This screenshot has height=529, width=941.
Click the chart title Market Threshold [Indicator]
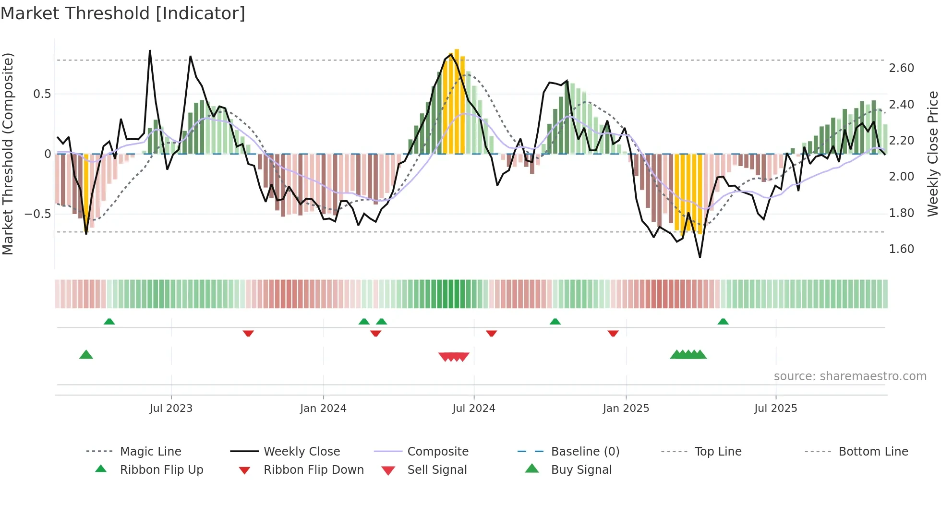pyautogui.click(x=123, y=13)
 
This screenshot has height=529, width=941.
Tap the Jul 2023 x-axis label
pyautogui.click(x=171, y=408)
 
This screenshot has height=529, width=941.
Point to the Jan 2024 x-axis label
pyautogui.click(x=323, y=408)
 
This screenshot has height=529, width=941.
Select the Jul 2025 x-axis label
pyautogui.click(x=775, y=408)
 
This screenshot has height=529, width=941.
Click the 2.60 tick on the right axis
pyautogui.click(x=901, y=68)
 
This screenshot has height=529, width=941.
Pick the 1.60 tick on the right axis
pyautogui.click(x=901, y=249)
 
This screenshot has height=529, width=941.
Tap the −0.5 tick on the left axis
pyautogui.click(x=38, y=214)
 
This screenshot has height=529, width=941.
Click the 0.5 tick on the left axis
pyautogui.click(x=42, y=94)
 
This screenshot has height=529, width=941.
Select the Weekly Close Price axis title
pyautogui.click(x=932, y=154)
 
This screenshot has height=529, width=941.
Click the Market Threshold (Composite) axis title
pyautogui.click(x=8, y=154)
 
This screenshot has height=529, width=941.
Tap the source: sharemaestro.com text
pyautogui.click(x=850, y=376)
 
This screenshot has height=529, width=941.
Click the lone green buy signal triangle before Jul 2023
pyautogui.click(x=86, y=355)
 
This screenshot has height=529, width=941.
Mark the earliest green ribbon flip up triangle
pyautogui.click(x=109, y=321)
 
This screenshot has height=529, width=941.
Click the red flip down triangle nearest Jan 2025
pyautogui.click(x=613, y=333)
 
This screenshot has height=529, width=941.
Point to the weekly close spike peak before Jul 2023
pyautogui.click(x=150, y=50)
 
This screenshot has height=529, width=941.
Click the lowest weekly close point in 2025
pyautogui.click(x=700, y=257)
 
